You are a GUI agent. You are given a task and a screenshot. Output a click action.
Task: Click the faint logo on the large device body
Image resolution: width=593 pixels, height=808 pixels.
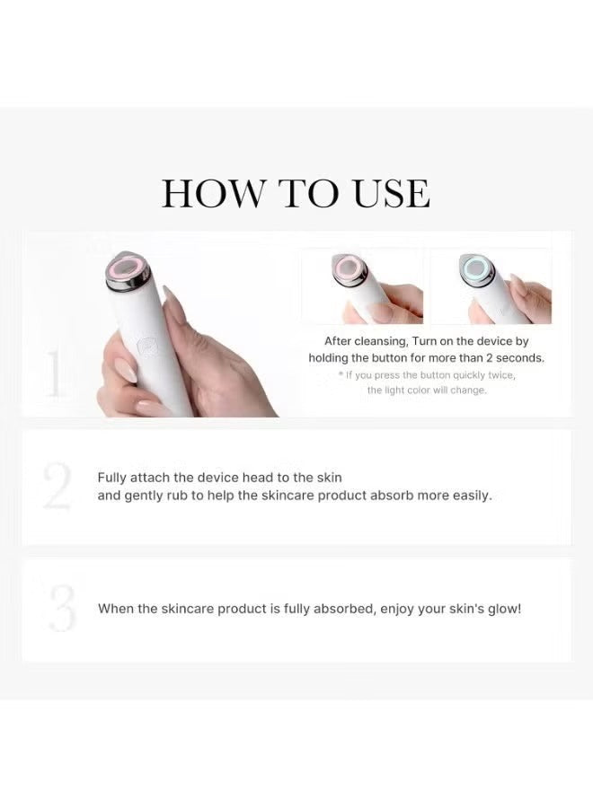tap(146, 346)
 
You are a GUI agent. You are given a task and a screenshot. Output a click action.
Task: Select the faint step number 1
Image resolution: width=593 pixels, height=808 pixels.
tap(54, 373)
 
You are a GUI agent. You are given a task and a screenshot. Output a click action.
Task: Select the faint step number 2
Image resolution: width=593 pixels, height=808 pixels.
tap(57, 486)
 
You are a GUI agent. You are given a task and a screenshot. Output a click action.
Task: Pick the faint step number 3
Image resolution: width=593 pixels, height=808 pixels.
tap(62, 608)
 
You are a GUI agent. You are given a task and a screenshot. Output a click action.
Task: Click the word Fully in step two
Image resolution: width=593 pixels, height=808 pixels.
tap(112, 478)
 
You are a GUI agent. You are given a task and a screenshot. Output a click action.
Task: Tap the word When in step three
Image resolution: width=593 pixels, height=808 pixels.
tap(116, 609)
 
